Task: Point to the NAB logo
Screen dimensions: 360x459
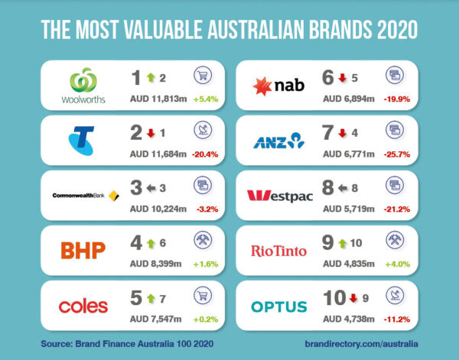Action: coord(279,86)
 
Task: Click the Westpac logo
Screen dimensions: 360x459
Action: coord(280,196)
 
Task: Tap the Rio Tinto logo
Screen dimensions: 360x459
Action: coord(279,251)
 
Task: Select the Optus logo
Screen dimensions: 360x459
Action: coord(279,306)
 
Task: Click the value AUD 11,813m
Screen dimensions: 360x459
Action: coord(157,100)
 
